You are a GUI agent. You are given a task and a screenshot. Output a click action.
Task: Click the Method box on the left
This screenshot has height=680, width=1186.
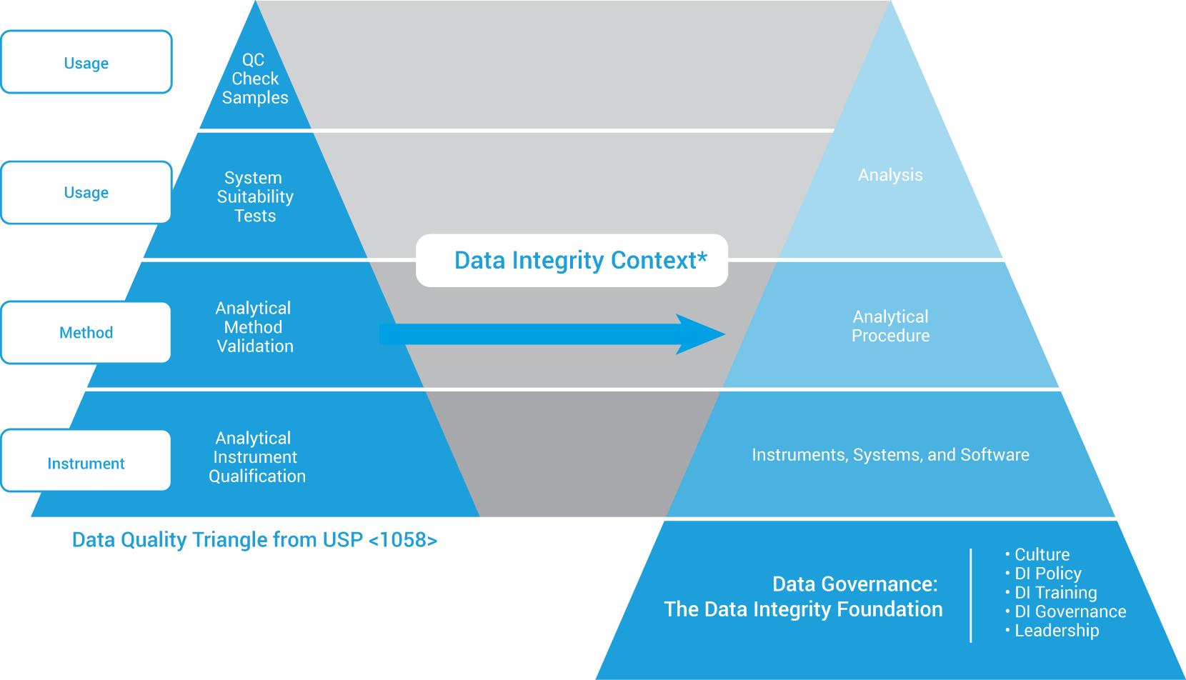pyautogui.click(x=86, y=333)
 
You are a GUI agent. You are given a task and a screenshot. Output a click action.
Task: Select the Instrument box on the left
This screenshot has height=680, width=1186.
pyautogui.click(x=86, y=464)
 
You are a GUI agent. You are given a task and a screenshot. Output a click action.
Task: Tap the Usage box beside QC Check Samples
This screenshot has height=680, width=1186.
pyautogui.click(x=86, y=63)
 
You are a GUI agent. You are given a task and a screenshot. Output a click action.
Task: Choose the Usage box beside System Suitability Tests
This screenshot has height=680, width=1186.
pyautogui.click(x=86, y=193)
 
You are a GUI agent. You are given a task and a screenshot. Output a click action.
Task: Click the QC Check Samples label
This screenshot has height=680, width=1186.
pyautogui.click(x=255, y=79)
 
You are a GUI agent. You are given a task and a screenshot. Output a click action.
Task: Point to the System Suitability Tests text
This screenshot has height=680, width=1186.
pyautogui.click(x=255, y=196)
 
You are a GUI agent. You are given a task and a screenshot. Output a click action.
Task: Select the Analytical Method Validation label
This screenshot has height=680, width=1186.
pyautogui.click(x=255, y=327)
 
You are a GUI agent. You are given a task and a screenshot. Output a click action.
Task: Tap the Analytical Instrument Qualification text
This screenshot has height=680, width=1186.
pyautogui.click(x=256, y=457)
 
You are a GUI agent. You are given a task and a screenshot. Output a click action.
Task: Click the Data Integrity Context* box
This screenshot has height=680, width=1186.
pyautogui.click(x=572, y=261)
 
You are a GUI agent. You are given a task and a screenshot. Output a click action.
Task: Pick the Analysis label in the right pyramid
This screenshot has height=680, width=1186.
pyautogui.click(x=890, y=175)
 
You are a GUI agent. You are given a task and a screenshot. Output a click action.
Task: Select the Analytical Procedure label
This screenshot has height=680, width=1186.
pyautogui.click(x=890, y=326)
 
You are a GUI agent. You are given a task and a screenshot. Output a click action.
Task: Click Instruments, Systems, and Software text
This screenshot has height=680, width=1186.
pyautogui.click(x=890, y=455)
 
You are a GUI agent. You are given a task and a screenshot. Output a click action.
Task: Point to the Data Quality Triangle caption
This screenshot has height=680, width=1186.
pyautogui.click(x=254, y=540)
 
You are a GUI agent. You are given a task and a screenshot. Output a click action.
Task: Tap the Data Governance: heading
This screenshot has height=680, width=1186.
pyautogui.click(x=854, y=584)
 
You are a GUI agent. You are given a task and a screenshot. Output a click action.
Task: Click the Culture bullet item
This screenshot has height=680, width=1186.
pyautogui.click(x=1042, y=555)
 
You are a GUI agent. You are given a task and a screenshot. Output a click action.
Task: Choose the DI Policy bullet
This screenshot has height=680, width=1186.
pyautogui.click(x=1047, y=574)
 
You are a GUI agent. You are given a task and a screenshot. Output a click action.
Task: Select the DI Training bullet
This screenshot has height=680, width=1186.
pyautogui.click(x=1055, y=593)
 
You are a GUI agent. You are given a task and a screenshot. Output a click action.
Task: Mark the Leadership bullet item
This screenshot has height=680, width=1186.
pyautogui.click(x=1057, y=631)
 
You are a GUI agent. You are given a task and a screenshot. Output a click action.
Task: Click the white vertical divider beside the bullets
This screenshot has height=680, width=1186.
pyautogui.click(x=971, y=595)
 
